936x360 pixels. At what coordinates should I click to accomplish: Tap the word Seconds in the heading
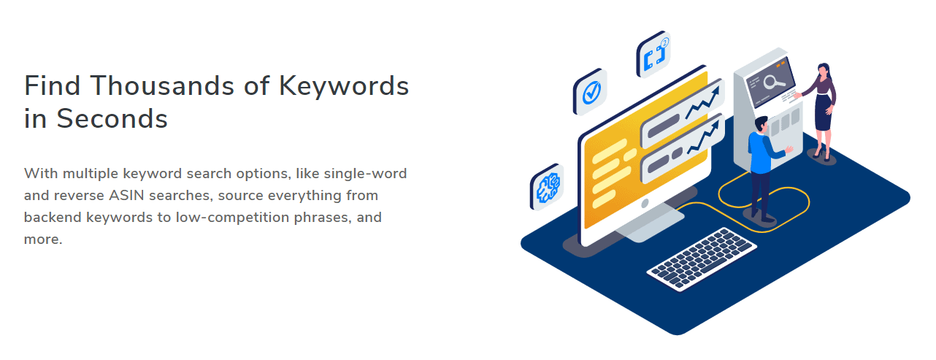point(112,119)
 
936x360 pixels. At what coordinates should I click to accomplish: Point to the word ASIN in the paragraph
point(126,195)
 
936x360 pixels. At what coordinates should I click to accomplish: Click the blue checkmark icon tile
point(590,92)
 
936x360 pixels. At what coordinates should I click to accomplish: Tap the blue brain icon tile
point(547,187)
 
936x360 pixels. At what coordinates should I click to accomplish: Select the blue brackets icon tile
point(653,55)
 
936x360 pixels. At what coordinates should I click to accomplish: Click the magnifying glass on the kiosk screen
point(773,82)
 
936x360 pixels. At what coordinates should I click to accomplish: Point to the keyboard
point(702,259)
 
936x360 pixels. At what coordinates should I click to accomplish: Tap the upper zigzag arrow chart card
point(683,113)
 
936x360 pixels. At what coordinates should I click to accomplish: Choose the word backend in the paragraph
point(53,218)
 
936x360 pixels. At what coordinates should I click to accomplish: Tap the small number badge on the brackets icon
point(664,42)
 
